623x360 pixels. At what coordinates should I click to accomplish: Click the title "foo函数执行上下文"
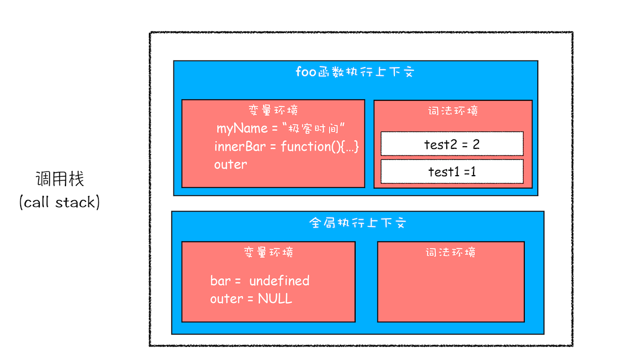click(355, 72)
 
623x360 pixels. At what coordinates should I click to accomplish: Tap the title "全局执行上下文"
click(358, 223)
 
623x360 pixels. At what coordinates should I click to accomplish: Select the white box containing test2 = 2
click(452, 144)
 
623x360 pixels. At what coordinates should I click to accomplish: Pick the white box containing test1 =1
click(452, 171)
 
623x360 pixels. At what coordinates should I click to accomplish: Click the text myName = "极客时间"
click(282, 129)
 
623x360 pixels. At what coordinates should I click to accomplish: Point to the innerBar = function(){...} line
click(286, 147)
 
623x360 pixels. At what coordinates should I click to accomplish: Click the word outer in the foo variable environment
click(230, 164)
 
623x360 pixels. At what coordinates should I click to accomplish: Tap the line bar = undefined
click(260, 281)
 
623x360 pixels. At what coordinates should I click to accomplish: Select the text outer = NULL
click(251, 299)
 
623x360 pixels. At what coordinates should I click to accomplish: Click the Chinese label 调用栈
click(60, 179)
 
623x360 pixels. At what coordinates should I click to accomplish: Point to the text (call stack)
click(59, 202)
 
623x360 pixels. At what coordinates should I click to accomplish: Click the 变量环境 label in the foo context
click(273, 110)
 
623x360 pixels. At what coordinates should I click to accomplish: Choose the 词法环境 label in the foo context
click(453, 111)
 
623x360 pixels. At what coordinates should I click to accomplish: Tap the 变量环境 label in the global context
click(268, 253)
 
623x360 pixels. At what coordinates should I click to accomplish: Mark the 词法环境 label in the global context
click(451, 253)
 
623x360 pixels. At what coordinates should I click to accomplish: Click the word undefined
click(279, 281)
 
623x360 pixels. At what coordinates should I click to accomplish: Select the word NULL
click(275, 299)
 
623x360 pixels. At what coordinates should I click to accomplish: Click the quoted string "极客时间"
click(316, 129)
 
